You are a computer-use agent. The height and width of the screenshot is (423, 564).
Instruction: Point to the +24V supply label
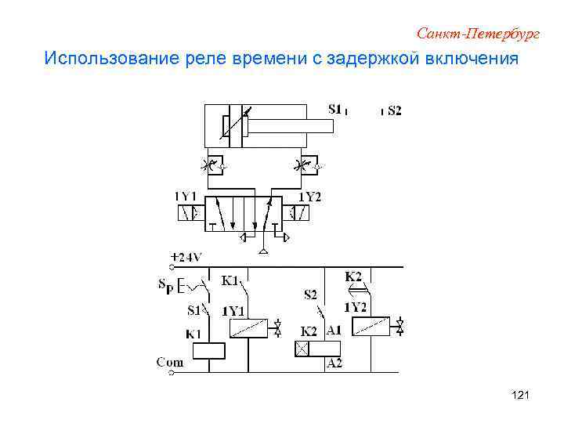point(186,257)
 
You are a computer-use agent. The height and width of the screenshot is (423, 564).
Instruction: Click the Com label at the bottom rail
point(170,362)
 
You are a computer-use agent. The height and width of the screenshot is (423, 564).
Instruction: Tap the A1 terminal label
point(334,331)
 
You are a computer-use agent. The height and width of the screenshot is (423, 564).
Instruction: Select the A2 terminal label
point(334,363)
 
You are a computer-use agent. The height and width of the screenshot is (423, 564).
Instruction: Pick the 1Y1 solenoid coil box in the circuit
point(249,329)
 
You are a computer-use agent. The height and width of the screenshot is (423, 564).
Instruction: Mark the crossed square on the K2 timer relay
point(302,349)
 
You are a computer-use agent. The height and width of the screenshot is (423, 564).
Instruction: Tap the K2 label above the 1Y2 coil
point(353,277)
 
